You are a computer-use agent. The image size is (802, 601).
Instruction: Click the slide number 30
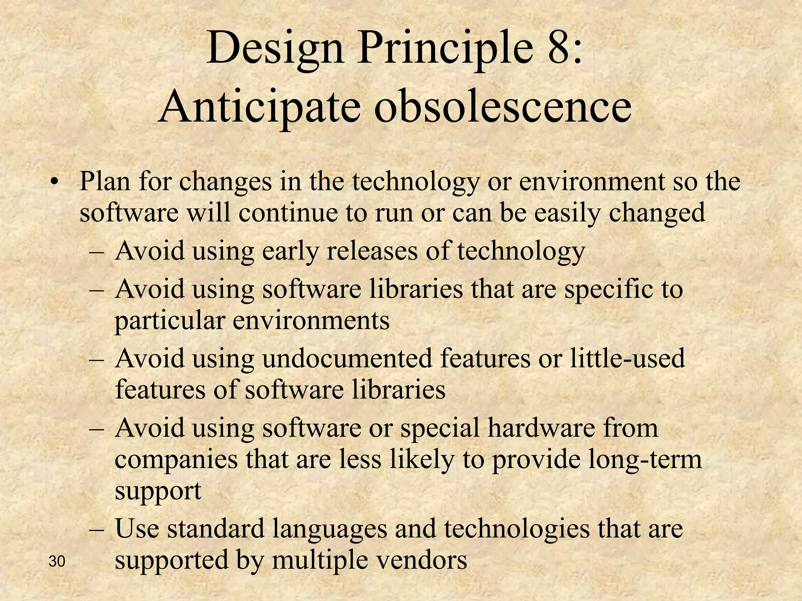pos(57,562)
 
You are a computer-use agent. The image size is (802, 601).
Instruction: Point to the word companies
pos(176,460)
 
